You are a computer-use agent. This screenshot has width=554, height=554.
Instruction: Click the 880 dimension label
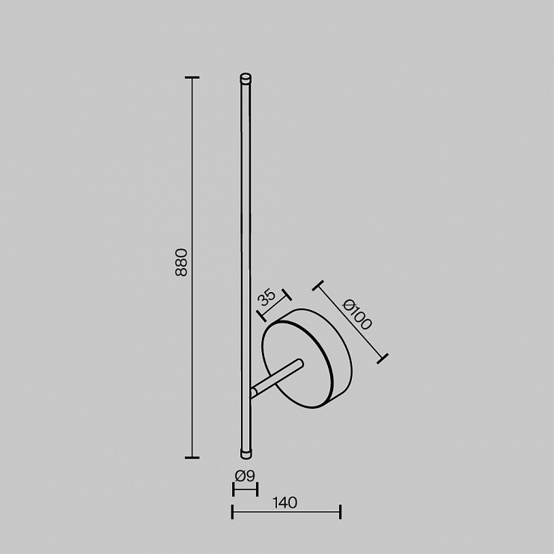[181, 262]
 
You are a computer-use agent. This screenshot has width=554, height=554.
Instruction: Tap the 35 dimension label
[266, 297]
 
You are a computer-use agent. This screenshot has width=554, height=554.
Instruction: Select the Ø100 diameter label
[357, 314]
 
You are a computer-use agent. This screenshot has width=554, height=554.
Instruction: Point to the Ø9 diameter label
[245, 476]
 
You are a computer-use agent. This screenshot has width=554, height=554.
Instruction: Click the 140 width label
[285, 502]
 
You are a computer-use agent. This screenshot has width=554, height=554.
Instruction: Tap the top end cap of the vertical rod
[246, 78]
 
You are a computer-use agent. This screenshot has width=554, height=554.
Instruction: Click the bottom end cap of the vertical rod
[246, 454]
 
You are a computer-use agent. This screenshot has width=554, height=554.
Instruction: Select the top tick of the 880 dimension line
[192, 77]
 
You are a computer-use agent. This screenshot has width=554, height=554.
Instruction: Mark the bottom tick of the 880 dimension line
[192, 457]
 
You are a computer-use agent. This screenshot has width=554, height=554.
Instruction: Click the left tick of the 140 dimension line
[232, 512]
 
